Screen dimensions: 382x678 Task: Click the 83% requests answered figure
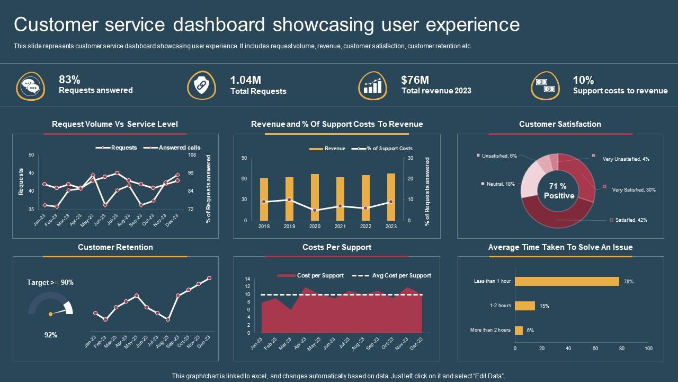[70, 80]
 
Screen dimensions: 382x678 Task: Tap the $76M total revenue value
[415, 80]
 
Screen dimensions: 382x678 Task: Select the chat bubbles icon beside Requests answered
[30, 86]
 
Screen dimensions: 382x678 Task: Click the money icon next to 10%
[545, 85]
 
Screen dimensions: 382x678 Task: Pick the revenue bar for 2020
[315, 197]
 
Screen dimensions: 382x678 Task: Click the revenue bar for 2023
[391, 197]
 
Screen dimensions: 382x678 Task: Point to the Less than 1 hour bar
[567, 281]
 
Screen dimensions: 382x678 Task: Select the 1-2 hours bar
[525, 306]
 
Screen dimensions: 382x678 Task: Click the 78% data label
[629, 282]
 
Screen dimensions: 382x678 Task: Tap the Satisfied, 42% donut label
[631, 220]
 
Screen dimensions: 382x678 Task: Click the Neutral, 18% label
[501, 184]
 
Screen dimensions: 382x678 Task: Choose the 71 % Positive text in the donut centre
[558, 191]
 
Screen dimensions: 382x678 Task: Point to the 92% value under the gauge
[50, 335]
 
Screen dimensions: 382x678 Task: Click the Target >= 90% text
[50, 283]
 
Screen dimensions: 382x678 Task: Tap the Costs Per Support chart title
[337, 247]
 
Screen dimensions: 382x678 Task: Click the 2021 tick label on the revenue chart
[340, 227]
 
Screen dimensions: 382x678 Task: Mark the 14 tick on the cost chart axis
[247, 279]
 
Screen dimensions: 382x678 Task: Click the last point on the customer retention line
[209, 278]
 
